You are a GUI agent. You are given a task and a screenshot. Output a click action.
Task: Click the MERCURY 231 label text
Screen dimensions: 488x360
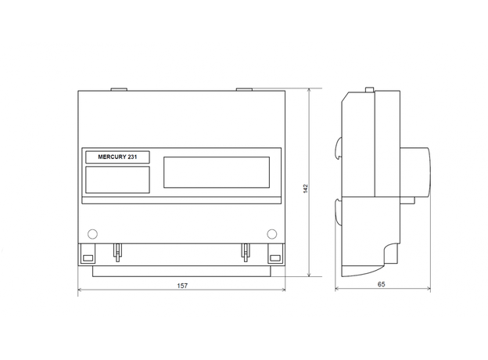pos(117,157)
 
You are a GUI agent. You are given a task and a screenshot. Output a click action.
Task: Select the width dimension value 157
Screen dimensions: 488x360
pos(182,286)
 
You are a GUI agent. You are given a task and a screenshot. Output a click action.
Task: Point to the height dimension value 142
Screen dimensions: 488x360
pos(305,189)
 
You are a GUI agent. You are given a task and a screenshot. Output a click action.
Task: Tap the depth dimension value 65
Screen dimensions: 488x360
pos(382,284)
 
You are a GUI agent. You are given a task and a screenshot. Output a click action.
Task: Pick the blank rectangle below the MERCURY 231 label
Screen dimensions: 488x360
pos(117,180)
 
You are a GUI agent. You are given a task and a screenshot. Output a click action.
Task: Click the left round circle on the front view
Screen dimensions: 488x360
pos(92,233)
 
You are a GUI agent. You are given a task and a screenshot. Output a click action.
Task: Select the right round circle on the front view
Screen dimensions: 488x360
pos(271,233)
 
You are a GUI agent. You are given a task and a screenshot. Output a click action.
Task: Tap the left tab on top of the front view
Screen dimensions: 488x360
pos(119,89)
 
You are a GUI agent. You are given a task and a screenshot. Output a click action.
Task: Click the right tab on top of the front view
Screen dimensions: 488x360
pos(244,89)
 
